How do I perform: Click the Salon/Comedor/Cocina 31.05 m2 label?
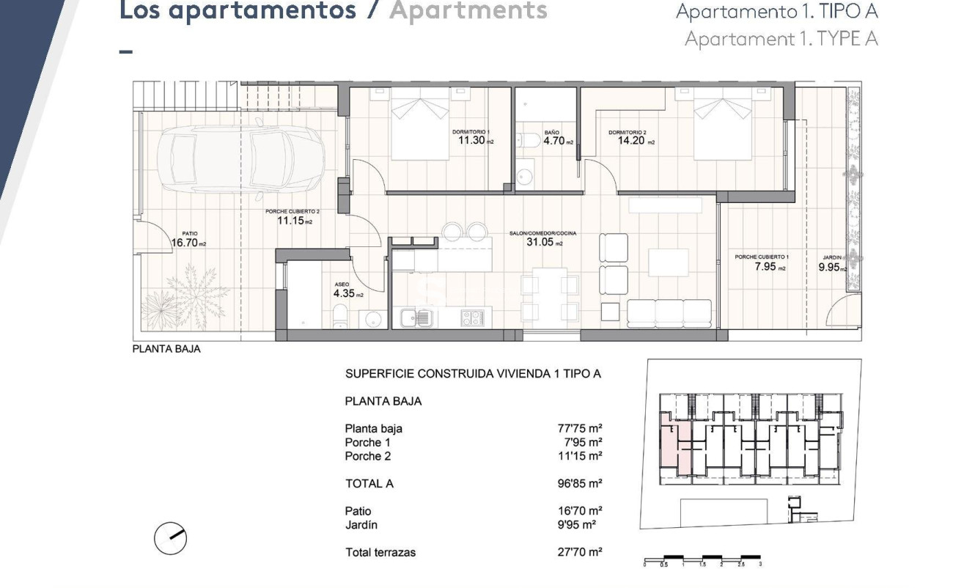543,242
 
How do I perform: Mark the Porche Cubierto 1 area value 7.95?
760,268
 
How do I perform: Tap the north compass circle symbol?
171,540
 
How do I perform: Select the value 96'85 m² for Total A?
580,484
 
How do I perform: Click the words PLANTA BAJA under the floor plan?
166,350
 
